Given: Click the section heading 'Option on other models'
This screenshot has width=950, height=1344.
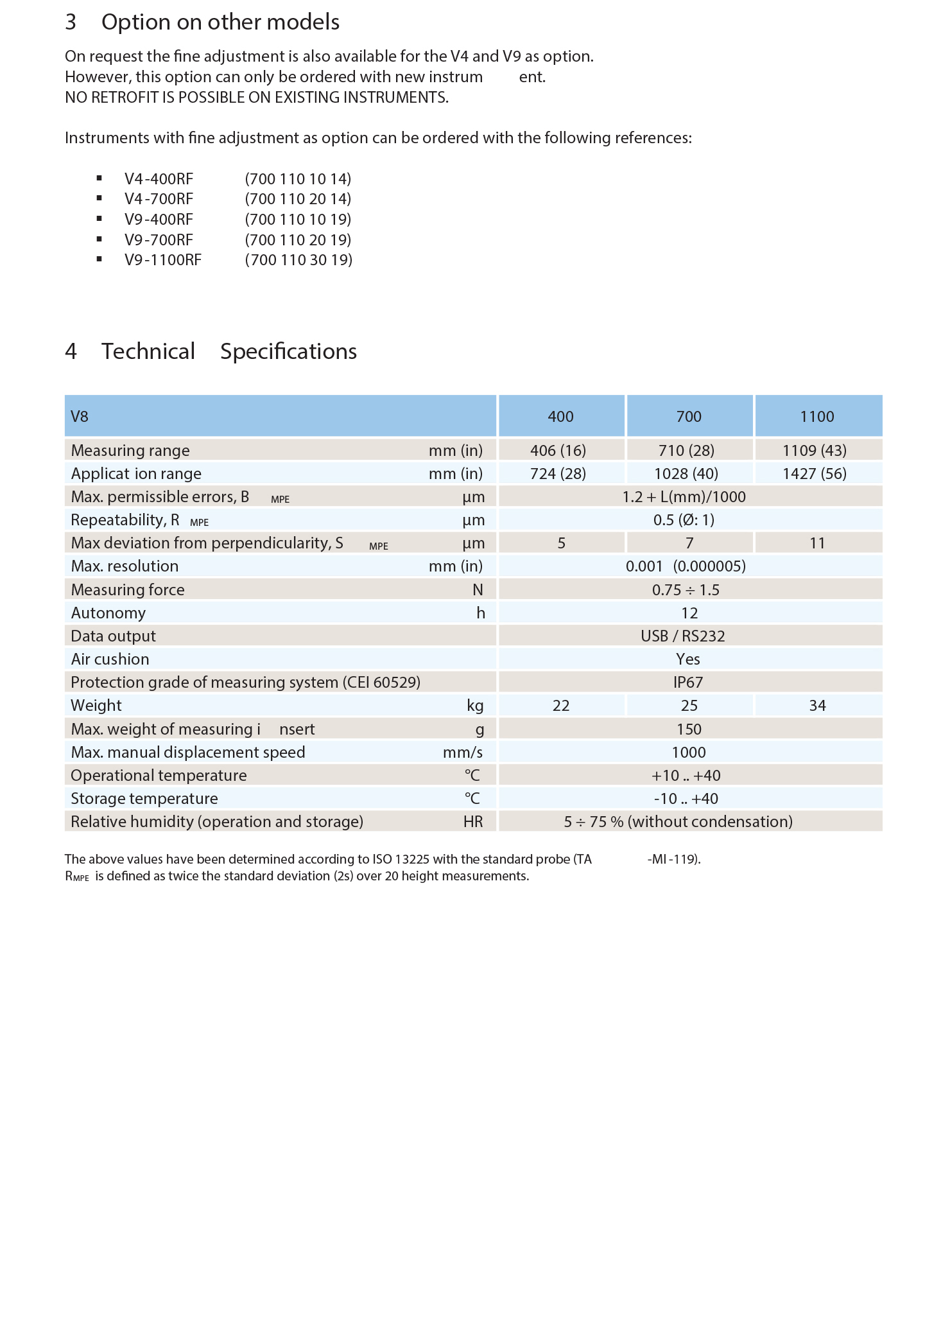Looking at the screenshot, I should tap(220, 22).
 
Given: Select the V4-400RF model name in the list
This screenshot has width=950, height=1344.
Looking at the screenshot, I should tap(159, 179).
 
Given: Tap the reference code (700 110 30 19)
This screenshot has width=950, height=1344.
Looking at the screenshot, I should tap(298, 260).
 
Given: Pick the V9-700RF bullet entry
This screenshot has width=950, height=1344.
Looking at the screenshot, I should tap(159, 240).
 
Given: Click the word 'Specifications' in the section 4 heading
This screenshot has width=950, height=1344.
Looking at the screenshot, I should tap(288, 352).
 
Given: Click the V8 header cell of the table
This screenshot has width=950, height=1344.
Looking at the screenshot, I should tap(80, 417).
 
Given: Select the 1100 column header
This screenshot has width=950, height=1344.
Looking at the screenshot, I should tap(816, 417).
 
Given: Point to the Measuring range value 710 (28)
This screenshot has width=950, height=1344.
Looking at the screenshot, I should tap(686, 451).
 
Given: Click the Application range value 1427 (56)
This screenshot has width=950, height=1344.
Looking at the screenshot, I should tap(814, 474).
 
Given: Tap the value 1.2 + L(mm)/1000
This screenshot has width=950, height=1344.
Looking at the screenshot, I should tap(684, 497).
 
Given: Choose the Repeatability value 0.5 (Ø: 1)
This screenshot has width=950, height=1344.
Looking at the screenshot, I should tap(684, 520).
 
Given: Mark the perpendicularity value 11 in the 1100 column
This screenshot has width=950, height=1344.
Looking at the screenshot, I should tap(816, 543).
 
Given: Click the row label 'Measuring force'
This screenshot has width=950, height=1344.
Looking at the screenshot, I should tap(128, 590).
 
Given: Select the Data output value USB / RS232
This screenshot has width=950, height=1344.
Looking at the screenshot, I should tap(682, 636).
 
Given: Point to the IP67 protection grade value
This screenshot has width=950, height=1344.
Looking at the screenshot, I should tap(687, 683).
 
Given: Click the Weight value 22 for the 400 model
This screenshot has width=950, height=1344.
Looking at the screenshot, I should tap(560, 706).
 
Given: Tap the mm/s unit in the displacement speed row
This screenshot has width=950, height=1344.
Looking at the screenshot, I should tap(462, 753).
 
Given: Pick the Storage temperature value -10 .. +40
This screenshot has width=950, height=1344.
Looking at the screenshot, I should tap(686, 799).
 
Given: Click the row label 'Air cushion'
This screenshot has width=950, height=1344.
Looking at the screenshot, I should tap(110, 659).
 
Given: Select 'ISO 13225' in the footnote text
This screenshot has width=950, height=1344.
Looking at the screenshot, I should tap(401, 859).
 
